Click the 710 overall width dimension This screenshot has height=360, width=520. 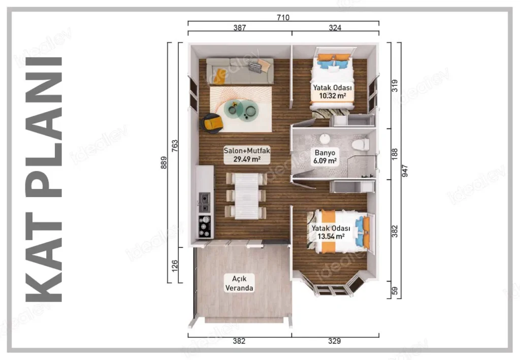pyautogui.click(x=283, y=17)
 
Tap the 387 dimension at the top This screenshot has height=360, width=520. pyautogui.click(x=240, y=27)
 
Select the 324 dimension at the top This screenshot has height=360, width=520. pyautogui.click(x=335, y=27)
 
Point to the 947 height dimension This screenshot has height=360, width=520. pyautogui.click(x=405, y=171)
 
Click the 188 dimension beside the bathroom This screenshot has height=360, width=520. pyautogui.click(x=395, y=154)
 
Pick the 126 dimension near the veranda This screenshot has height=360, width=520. pyautogui.click(x=175, y=266)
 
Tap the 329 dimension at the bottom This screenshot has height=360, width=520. pyautogui.click(x=334, y=341)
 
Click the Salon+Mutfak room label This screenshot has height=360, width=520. pyautogui.click(x=247, y=150)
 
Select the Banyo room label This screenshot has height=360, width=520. pyautogui.click(x=325, y=153)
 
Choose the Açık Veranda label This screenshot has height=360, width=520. pyautogui.click(x=239, y=283)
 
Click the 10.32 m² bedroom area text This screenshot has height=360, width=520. pyautogui.click(x=333, y=96)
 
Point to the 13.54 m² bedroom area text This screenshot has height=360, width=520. pyautogui.click(x=331, y=236)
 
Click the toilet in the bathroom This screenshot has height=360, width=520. pyautogui.click(x=361, y=145)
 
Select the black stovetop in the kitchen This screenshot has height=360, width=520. pyautogui.click(x=205, y=227)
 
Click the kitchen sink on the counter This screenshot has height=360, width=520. pyautogui.click(x=204, y=203)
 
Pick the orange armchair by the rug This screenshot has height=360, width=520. pyautogui.click(x=212, y=123)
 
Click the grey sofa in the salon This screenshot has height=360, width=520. pyautogui.click(x=240, y=71)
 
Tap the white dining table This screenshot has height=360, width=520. pyautogui.click(x=246, y=196)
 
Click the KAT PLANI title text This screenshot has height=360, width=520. pyautogui.click(x=44, y=179)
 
